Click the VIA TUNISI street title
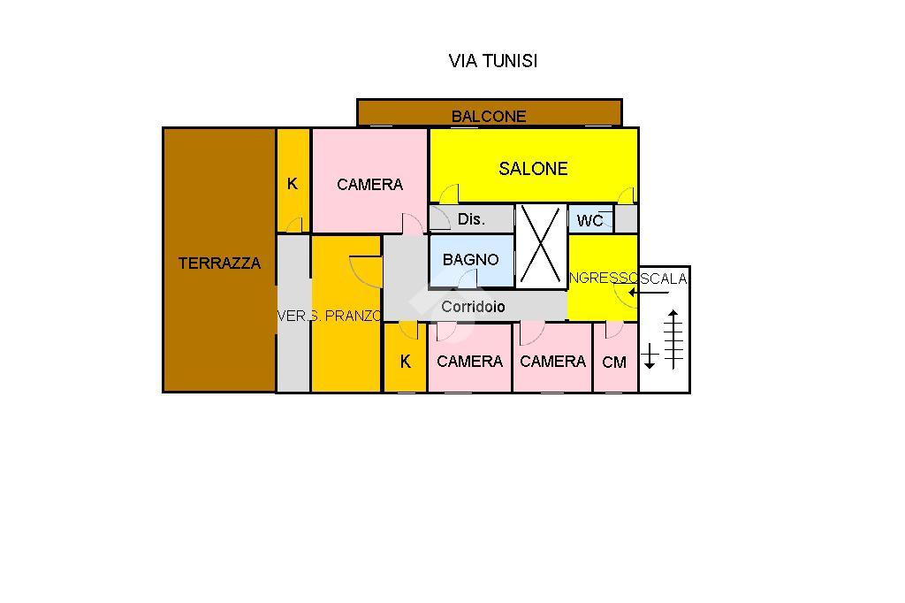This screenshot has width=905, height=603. click(x=493, y=61)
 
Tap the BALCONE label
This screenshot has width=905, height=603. click(x=489, y=116)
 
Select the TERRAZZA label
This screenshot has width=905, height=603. click(x=220, y=263)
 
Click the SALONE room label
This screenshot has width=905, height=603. click(x=533, y=169)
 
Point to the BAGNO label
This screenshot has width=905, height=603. click(x=470, y=260)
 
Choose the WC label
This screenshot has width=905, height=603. click(x=589, y=220)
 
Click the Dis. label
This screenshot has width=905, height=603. click(x=471, y=219)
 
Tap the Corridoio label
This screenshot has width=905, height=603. click(x=474, y=307)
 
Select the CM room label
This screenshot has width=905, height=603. click(x=614, y=363)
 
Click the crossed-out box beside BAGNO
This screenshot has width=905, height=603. click(x=541, y=246)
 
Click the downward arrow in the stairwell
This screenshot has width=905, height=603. click(x=650, y=355)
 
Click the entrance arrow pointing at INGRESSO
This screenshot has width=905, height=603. click(x=643, y=293)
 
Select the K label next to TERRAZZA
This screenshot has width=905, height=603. click(x=293, y=185)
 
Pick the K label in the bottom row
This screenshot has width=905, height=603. click(x=406, y=362)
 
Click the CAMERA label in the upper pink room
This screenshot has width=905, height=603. click(x=369, y=185)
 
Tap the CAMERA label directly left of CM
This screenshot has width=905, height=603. click(x=552, y=362)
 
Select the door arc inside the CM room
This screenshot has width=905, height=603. click(x=612, y=330)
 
